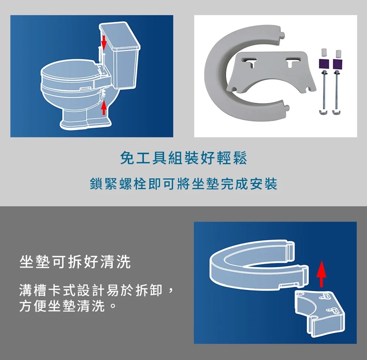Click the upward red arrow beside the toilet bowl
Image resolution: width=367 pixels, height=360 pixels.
tap(104, 108)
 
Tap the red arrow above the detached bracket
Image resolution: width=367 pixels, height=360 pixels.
tap(321, 274)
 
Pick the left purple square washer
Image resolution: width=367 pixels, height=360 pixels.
tap(324, 64)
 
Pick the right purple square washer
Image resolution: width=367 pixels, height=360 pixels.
tap(337, 64)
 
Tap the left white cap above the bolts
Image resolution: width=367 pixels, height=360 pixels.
tap(324, 53)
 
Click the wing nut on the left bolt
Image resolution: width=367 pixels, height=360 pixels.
tap(323, 112)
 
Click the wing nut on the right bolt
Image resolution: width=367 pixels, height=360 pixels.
tap(337, 112)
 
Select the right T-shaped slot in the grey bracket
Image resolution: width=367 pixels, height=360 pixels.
tap(292, 62)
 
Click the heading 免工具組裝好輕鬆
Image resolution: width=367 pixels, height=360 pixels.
tap(183, 158)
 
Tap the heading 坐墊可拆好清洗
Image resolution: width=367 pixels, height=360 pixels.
tap(75, 262)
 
